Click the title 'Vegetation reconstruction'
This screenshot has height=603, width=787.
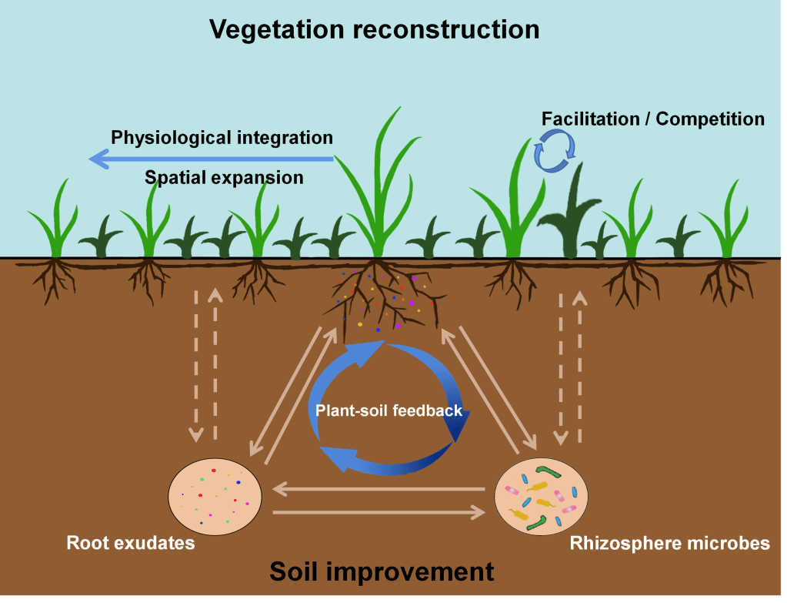coord(375,29)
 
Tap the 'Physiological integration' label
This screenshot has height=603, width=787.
coord(222,138)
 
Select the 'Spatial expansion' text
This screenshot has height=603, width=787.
coord(224,178)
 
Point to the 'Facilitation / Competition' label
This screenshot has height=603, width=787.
coord(653,119)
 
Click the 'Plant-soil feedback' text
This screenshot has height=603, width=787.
coord(389,410)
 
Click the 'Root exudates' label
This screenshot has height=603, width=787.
coord(131,544)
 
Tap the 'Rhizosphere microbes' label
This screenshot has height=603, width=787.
coord(669,544)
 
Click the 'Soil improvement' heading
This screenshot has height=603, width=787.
coord(382,572)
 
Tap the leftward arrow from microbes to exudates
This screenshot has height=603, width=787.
coord(377,488)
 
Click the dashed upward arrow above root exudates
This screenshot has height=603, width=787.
coord(215,362)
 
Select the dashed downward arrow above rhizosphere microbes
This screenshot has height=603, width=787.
coord(561,370)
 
